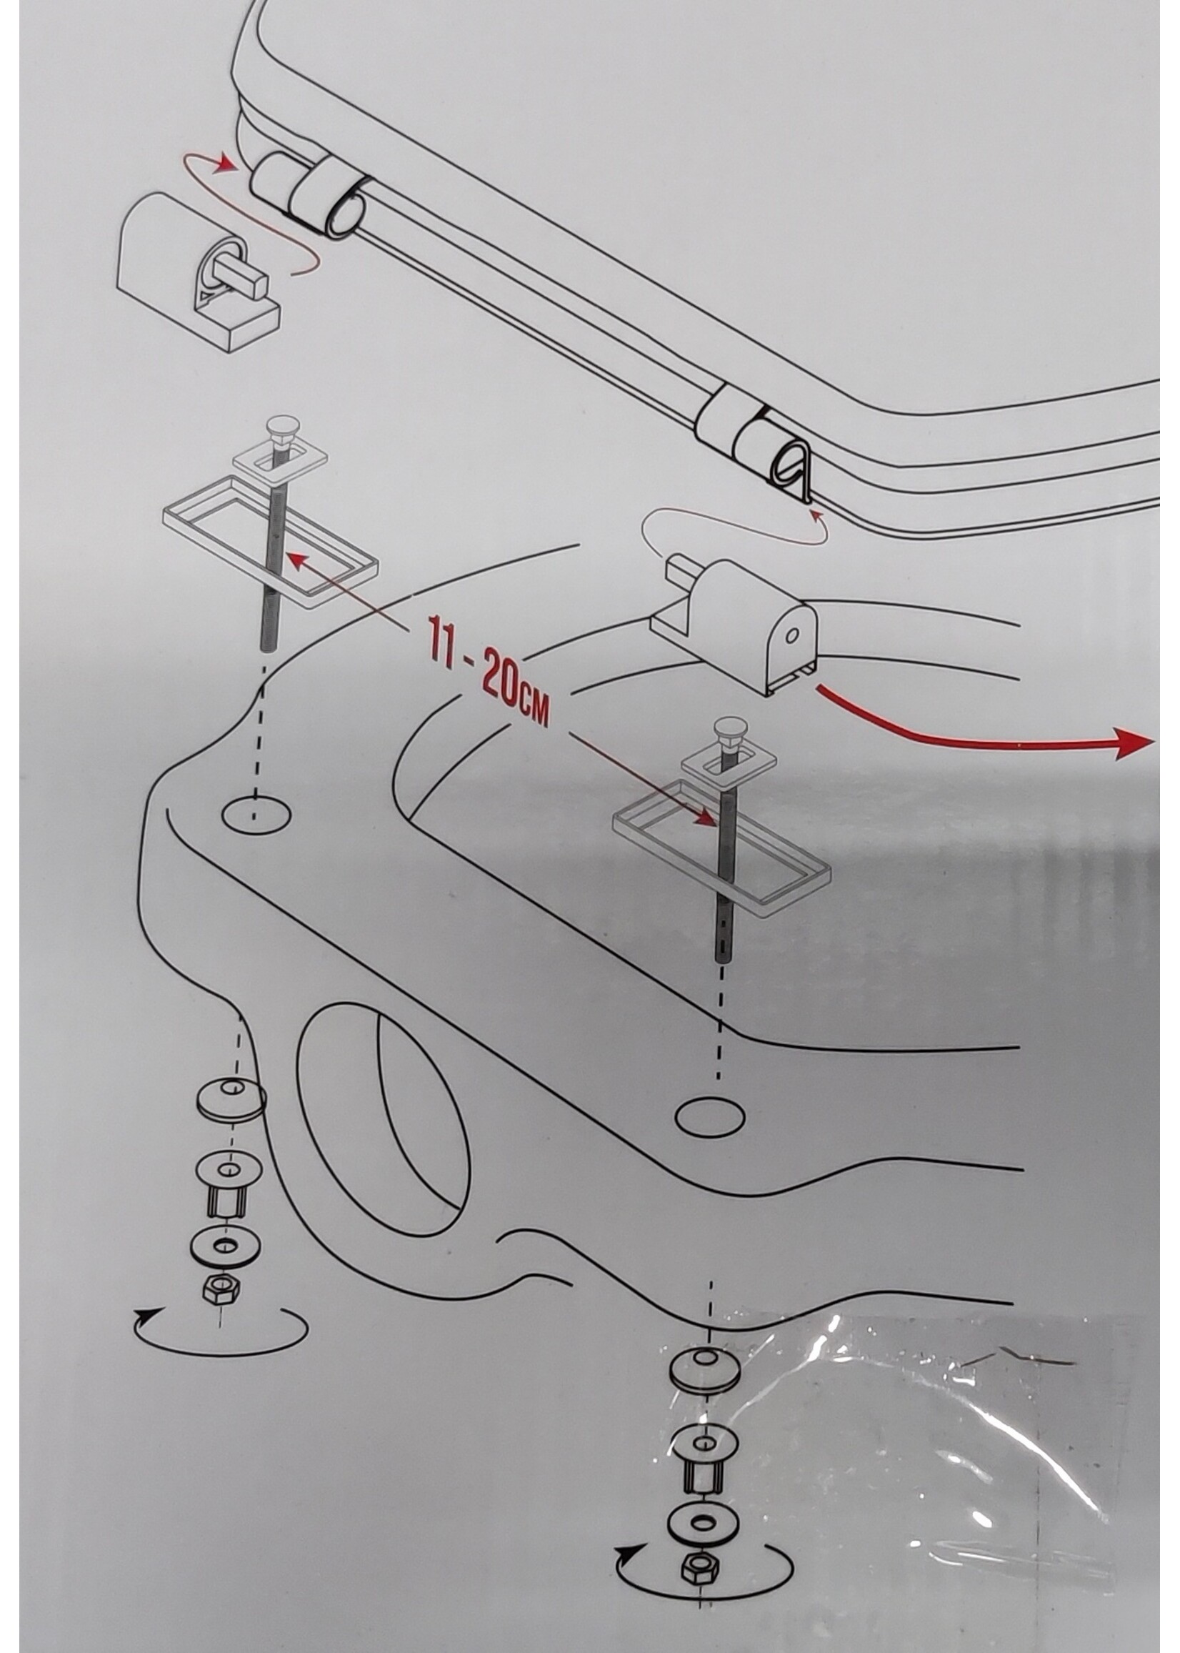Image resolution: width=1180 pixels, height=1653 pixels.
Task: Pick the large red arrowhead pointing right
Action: point(1136,748)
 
